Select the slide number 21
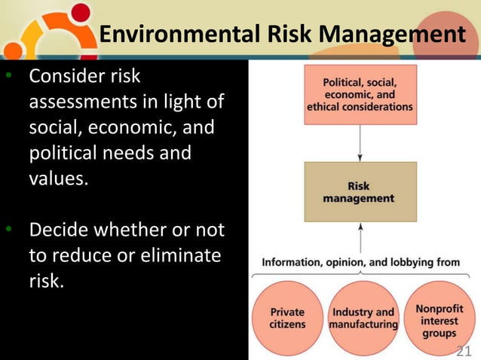point(464,349)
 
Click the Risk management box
point(360,191)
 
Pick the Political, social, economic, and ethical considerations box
point(360,95)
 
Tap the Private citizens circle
point(287,318)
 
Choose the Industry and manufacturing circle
point(363,318)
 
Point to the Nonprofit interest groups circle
point(440,318)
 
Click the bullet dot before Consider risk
point(7,78)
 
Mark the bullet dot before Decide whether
point(7,229)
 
